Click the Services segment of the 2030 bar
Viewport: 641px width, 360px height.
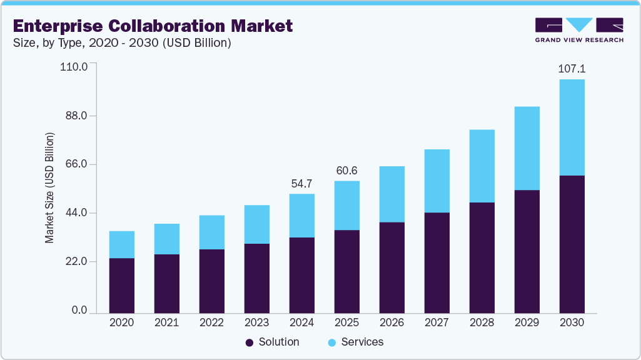(572, 127)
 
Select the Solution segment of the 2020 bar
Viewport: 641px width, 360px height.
(122, 285)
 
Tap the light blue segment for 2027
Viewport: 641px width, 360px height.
(437, 181)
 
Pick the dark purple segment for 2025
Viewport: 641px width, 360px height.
(346, 271)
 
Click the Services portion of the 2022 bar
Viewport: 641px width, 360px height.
(211, 232)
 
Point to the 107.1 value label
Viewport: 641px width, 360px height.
(572, 69)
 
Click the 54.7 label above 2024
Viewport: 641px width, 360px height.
(301, 184)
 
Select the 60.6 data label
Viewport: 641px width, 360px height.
(346, 171)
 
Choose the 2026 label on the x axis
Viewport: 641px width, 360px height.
(391, 323)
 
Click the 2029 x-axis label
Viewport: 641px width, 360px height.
(527, 323)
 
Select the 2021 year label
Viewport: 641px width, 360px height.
(166, 323)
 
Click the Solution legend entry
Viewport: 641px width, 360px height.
(273, 342)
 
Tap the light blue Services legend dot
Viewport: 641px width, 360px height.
(332, 342)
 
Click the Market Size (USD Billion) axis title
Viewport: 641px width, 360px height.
(49, 188)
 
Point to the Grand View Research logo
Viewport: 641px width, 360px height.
(579, 29)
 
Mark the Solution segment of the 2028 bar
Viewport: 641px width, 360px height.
(482, 257)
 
